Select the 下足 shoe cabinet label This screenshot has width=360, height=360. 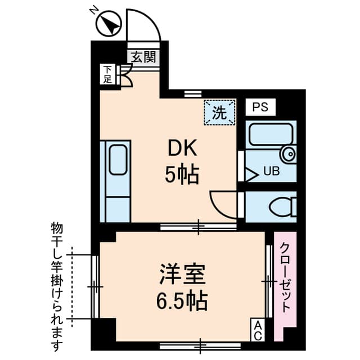(x=107, y=74)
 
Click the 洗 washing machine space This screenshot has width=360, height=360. (x=219, y=112)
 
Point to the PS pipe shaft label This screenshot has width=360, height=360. (x=260, y=107)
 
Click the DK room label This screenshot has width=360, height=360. (x=181, y=150)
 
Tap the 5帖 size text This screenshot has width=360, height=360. (x=181, y=176)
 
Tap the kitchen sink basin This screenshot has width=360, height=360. (x=118, y=160)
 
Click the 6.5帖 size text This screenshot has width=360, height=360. (x=181, y=301)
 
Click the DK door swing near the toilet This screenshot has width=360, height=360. (x=221, y=202)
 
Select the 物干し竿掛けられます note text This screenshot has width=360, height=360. (x=56, y=284)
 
